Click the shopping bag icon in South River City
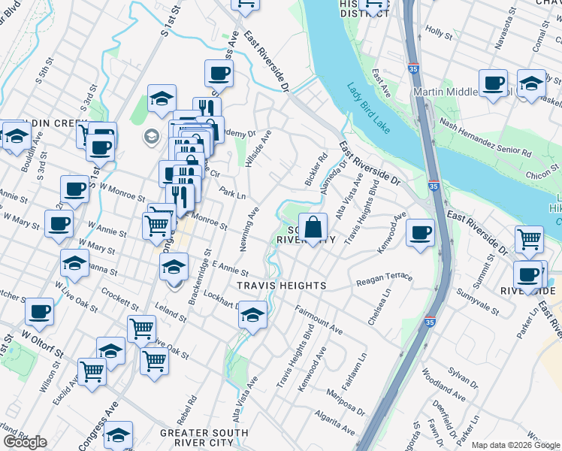point(317,226)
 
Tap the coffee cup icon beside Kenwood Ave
point(421,232)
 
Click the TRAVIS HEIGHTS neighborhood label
point(281,286)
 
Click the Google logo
point(25,442)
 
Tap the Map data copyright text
point(516,445)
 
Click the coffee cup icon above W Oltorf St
point(39,310)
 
